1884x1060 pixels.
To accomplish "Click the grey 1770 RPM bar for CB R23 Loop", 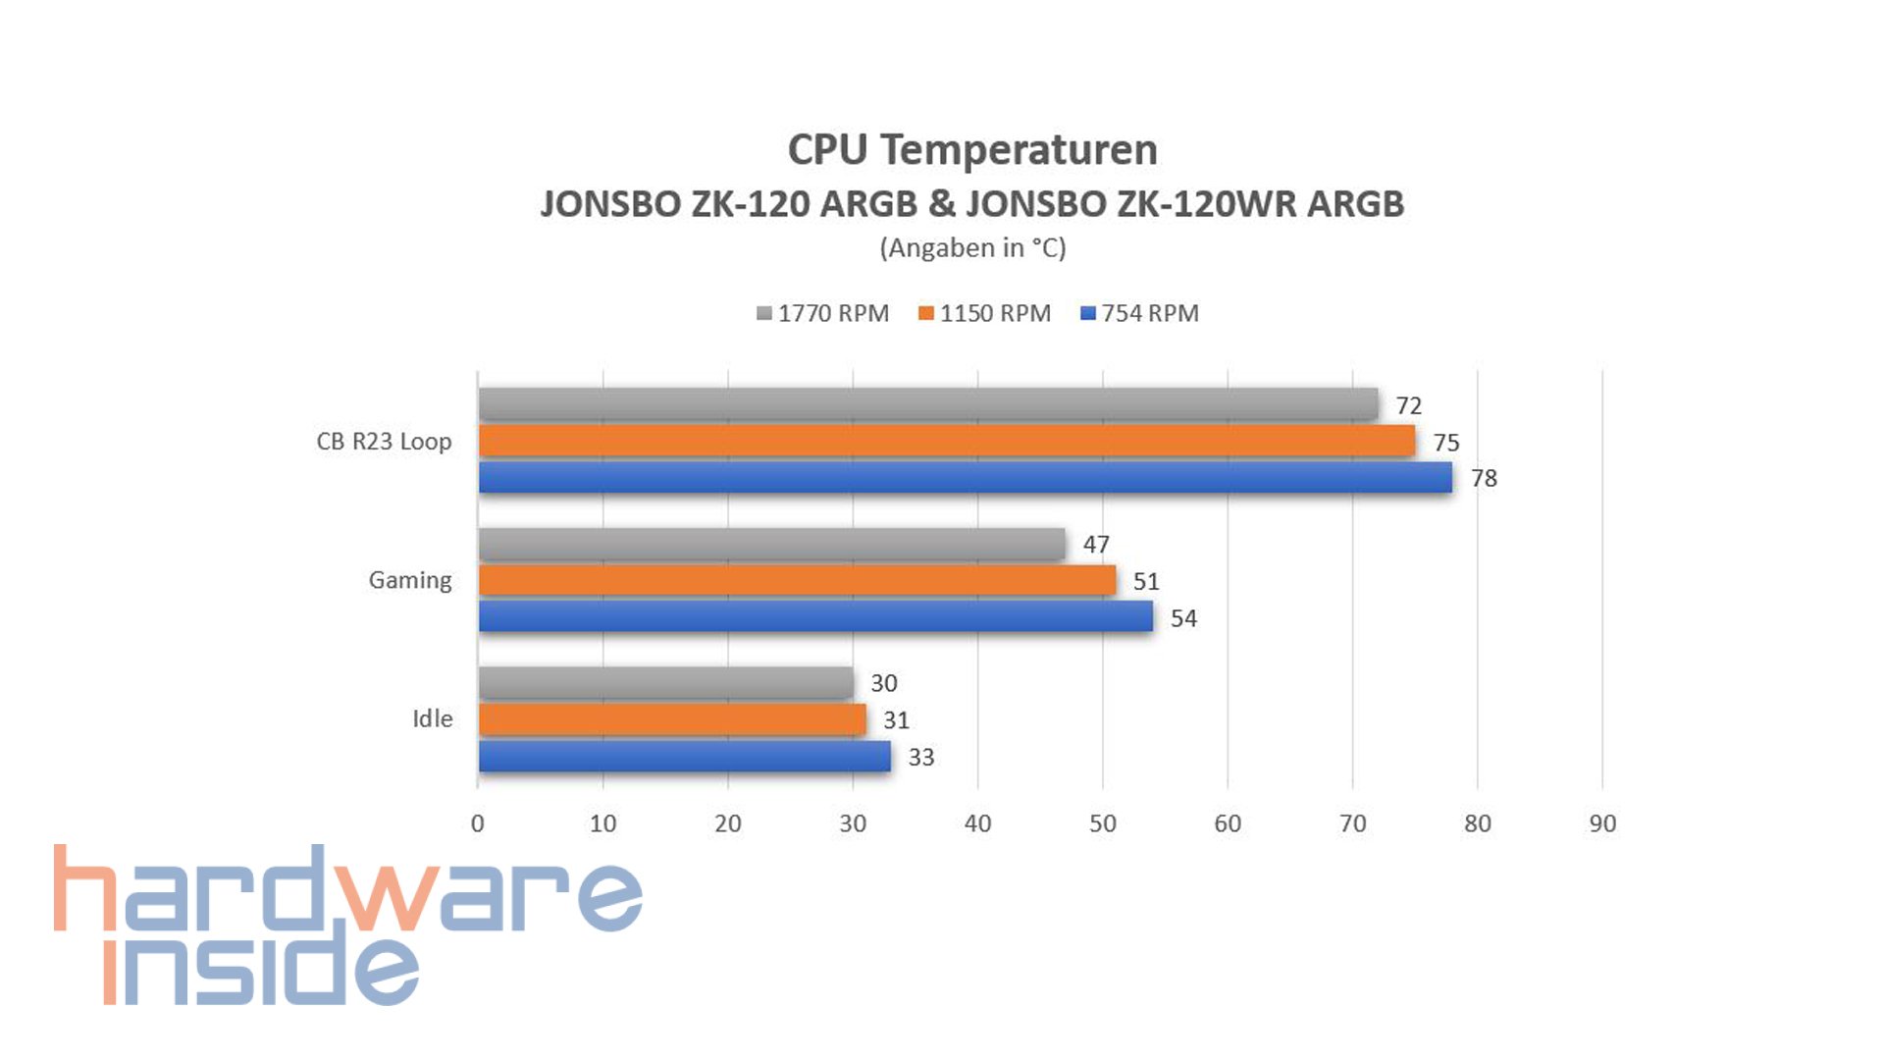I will pyautogui.click(x=927, y=404).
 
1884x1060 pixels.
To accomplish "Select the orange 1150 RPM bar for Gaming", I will pyautogui.click(x=797, y=580).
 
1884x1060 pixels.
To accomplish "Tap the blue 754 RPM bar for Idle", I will pyautogui.click(x=684, y=756).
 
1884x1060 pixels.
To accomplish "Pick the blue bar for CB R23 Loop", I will pyautogui.click(x=965, y=478).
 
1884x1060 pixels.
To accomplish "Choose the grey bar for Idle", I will pyautogui.click(x=665, y=682).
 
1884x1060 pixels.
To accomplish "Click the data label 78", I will pyautogui.click(x=1483, y=479).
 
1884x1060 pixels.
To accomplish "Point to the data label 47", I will pyautogui.click(x=1095, y=545).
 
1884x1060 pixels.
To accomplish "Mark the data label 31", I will pyautogui.click(x=895, y=720).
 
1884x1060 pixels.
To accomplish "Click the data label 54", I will pyautogui.click(x=1182, y=618).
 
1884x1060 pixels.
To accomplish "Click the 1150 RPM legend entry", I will pyautogui.click(x=984, y=313).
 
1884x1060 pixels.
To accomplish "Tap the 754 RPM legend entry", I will pyautogui.click(x=1139, y=313).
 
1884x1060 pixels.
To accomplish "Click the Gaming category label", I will pyautogui.click(x=409, y=580).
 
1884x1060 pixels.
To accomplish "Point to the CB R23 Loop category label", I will pyautogui.click(x=384, y=442).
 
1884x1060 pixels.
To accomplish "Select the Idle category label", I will pyautogui.click(x=432, y=718).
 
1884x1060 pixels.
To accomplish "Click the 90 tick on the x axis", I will pyautogui.click(x=1601, y=823).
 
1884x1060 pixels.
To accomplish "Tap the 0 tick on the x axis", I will pyautogui.click(x=478, y=823).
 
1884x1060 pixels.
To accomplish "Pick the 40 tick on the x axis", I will pyautogui.click(x=977, y=823).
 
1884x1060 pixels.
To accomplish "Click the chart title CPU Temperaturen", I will pyautogui.click(x=972, y=150).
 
